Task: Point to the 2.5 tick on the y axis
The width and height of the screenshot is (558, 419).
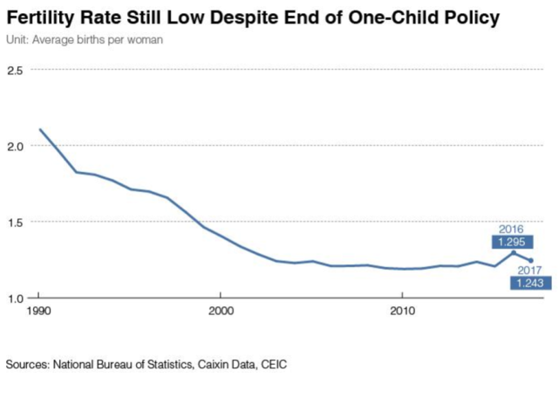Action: (x=16, y=69)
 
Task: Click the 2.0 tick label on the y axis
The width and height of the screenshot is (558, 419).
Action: (x=16, y=146)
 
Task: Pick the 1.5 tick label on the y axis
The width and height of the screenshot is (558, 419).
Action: (x=16, y=222)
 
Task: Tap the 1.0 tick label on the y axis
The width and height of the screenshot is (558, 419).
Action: (x=16, y=299)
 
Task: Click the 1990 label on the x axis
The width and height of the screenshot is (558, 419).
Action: (x=39, y=311)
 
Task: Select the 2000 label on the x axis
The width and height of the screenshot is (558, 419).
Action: (x=221, y=311)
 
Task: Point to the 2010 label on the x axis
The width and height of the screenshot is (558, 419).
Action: (x=402, y=311)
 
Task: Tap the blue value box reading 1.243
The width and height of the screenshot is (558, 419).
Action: (x=530, y=284)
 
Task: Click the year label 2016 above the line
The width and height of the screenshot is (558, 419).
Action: (x=511, y=229)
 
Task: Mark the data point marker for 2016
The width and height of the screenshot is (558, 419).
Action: (x=513, y=252)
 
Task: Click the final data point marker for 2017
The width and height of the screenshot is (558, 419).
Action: (x=530, y=260)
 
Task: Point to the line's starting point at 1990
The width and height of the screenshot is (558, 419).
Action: (x=40, y=129)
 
